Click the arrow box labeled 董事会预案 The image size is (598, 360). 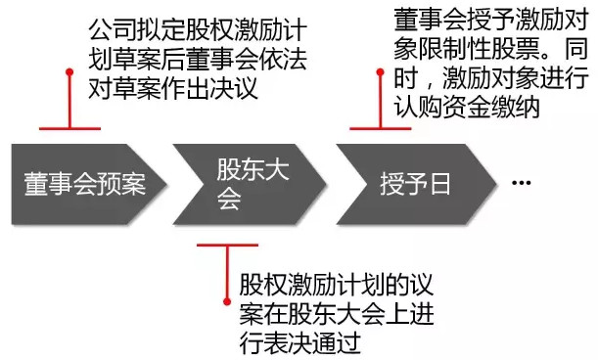click(x=88, y=184)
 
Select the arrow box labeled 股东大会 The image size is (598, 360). click(x=250, y=184)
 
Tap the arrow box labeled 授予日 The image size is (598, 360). click(x=417, y=184)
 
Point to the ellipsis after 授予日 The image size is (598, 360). click(x=521, y=183)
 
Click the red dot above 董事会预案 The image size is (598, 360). click(x=69, y=72)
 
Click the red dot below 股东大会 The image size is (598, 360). click(x=227, y=302)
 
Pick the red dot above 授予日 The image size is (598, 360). click(x=380, y=72)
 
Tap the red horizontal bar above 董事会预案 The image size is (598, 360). click(x=69, y=128)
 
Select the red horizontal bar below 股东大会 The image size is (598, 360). click(x=227, y=245)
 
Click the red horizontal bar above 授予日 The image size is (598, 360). click(x=380, y=128)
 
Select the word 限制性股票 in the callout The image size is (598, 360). click(x=479, y=49)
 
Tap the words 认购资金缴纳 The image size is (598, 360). click(x=467, y=107)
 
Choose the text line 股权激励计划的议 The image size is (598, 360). click(x=337, y=285)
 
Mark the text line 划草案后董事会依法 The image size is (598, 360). click(x=198, y=59)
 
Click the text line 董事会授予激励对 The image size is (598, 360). click(x=491, y=20)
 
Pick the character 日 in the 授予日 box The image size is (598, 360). click(x=439, y=184)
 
